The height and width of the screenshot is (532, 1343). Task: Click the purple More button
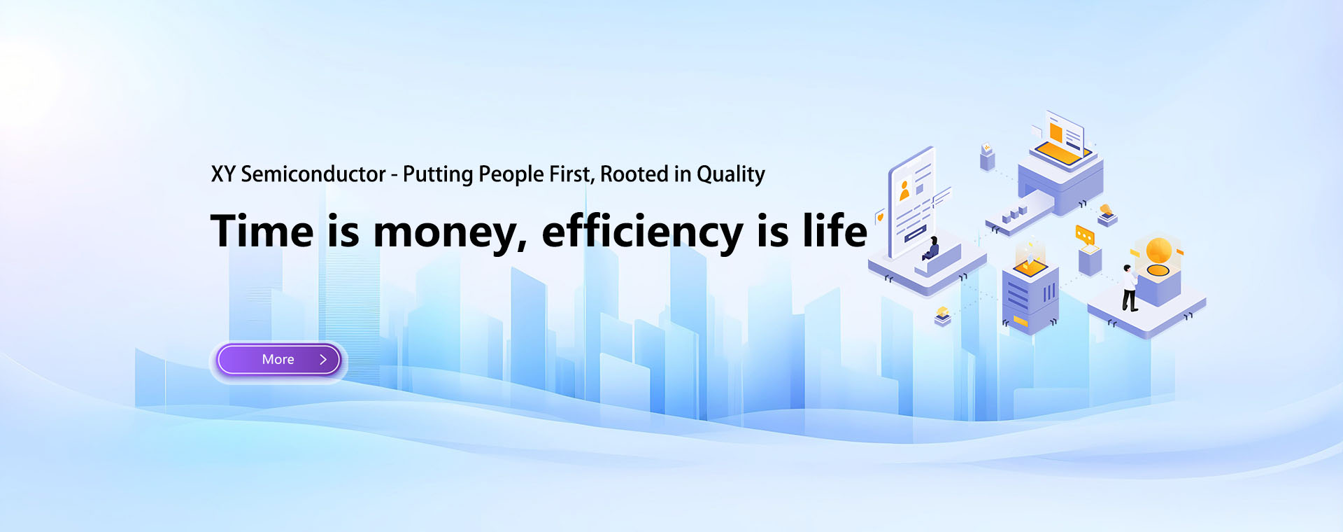click(x=278, y=360)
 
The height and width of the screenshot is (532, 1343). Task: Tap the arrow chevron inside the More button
click(x=323, y=360)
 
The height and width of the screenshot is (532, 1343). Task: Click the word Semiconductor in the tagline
click(x=313, y=174)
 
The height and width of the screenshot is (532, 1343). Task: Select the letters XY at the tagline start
click(x=223, y=174)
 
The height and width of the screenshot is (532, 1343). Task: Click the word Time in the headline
click(x=262, y=231)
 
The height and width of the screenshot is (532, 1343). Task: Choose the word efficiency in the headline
click(x=642, y=232)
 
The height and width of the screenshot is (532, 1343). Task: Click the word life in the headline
click(x=834, y=231)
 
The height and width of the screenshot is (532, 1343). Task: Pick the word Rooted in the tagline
click(x=634, y=174)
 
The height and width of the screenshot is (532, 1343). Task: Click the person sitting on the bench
click(x=931, y=250)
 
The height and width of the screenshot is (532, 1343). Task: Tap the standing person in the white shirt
click(x=1129, y=287)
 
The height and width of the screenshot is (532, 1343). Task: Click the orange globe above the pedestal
click(x=1158, y=250)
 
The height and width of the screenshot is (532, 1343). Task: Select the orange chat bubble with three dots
click(x=1084, y=234)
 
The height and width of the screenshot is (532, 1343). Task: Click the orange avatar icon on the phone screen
click(x=904, y=190)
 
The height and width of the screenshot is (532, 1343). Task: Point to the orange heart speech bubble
click(x=881, y=217)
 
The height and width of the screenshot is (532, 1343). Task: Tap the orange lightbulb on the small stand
click(x=1106, y=209)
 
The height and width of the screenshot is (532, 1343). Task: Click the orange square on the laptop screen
click(x=1056, y=132)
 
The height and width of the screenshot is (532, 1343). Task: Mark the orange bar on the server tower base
click(x=1021, y=321)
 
